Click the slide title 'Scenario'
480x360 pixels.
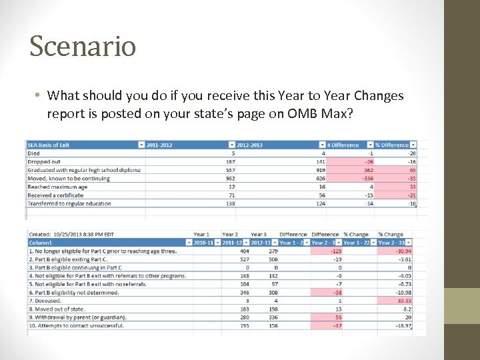[x=83, y=46]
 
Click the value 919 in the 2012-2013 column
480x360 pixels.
[x=320, y=170]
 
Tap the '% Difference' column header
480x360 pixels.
[x=391, y=145]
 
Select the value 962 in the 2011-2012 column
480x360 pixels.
[x=231, y=178]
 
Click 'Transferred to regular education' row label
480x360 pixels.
[x=69, y=203]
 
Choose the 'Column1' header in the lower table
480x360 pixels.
[x=40, y=243]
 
